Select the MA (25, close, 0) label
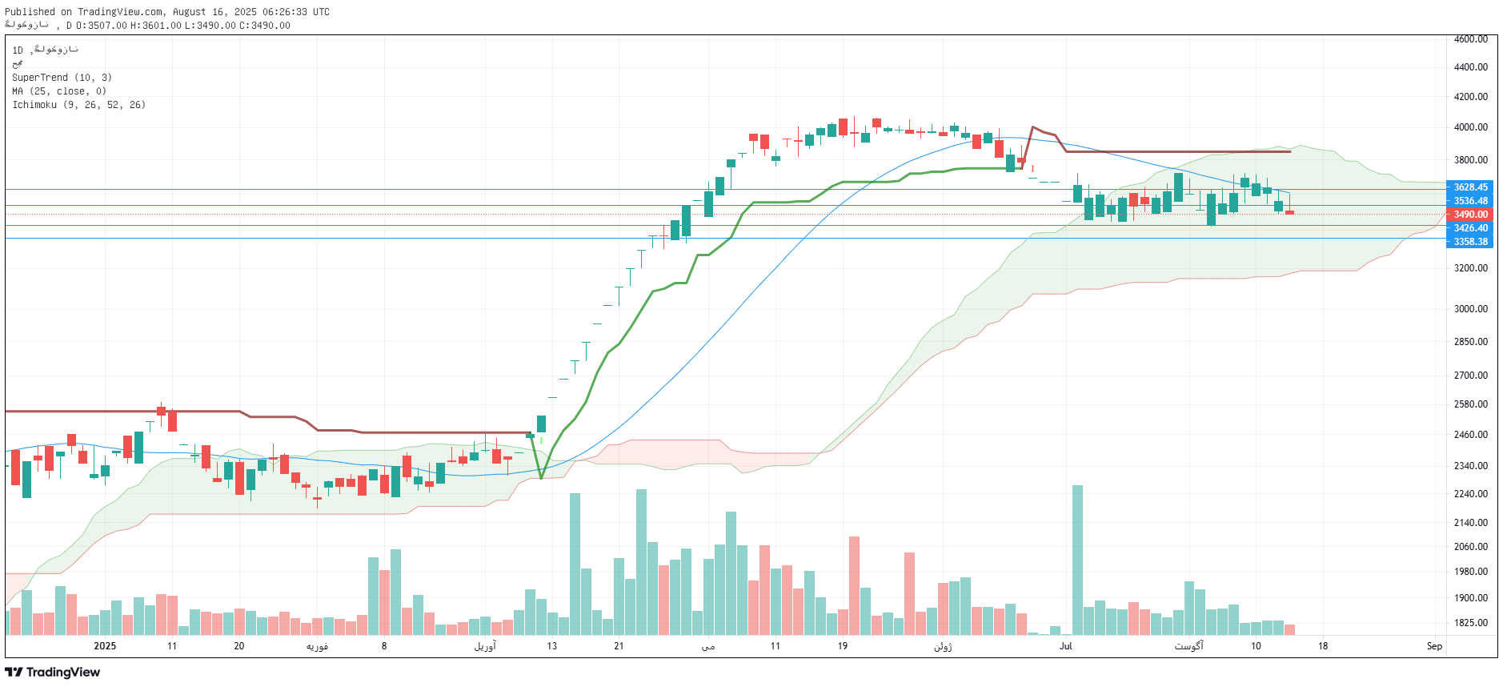58,91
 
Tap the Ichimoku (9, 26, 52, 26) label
78,105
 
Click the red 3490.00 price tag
1469,215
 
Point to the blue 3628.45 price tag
1469,187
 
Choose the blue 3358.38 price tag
1469,242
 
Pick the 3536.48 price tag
1469,201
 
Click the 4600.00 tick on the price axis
1470,39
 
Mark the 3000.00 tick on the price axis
1470,309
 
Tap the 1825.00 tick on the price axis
1470,623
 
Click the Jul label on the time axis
1065,646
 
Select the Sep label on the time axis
1433,646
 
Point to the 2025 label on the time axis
105,646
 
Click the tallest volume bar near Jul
1077,559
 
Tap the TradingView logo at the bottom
53,673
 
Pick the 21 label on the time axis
619,646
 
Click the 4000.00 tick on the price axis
1470,127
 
